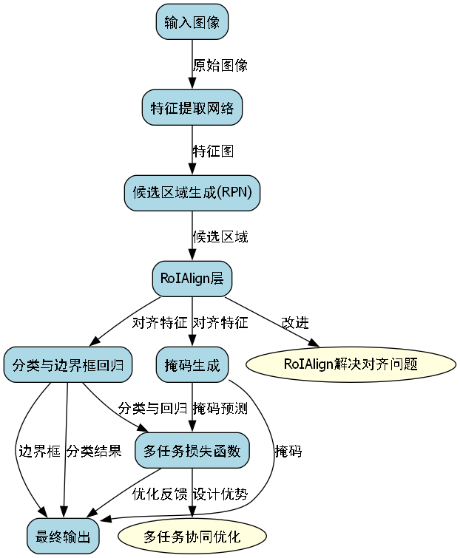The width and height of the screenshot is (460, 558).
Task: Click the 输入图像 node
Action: tap(192, 22)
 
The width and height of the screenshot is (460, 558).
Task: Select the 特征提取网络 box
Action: tap(192, 109)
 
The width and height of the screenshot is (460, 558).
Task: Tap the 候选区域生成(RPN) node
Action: tap(192, 194)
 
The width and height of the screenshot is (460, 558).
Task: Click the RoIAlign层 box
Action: tap(192, 279)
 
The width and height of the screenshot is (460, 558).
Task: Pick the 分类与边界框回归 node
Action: tap(67, 364)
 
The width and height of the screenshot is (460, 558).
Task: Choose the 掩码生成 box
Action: tap(192, 364)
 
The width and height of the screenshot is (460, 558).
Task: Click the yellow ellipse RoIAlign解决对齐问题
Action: tap(351, 364)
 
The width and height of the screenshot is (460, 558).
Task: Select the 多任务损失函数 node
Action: tap(192, 450)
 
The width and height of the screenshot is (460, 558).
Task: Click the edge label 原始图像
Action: tap(220, 65)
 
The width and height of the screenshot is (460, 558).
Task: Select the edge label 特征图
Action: tap(213, 151)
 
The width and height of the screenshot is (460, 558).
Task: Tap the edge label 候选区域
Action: tap(220, 237)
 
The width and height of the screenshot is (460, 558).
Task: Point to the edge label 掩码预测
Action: tap(220, 408)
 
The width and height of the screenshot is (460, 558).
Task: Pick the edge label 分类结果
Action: tap(94, 451)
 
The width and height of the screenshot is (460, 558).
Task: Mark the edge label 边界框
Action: tap(38, 451)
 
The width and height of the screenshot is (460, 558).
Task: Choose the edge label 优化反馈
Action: tap(160, 494)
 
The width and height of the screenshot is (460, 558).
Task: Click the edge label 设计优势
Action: tap(220, 494)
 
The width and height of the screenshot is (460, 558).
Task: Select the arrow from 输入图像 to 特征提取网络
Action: tap(192, 65)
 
